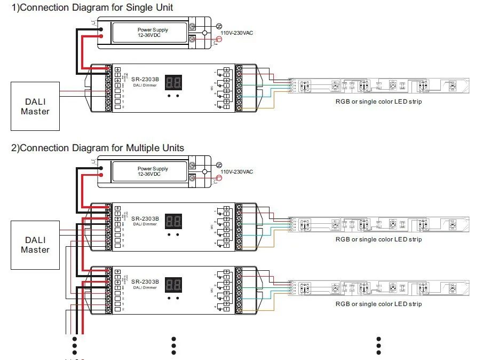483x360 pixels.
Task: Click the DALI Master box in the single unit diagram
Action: tap(35, 106)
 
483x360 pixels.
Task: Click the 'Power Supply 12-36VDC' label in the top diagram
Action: tap(153, 33)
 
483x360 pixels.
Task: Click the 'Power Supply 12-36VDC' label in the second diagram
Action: tap(153, 171)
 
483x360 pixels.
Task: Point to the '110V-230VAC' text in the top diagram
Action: tap(237, 33)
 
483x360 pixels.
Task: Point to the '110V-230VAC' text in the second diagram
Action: tap(237, 171)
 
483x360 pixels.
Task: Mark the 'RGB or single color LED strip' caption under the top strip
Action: tap(378, 101)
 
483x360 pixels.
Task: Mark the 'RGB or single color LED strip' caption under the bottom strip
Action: tap(378, 303)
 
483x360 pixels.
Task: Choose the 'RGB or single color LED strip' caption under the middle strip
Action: tap(378, 239)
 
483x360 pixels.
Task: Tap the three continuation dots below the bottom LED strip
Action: tap(378, 345)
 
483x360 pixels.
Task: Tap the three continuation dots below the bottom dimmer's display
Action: tap(173, 345)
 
